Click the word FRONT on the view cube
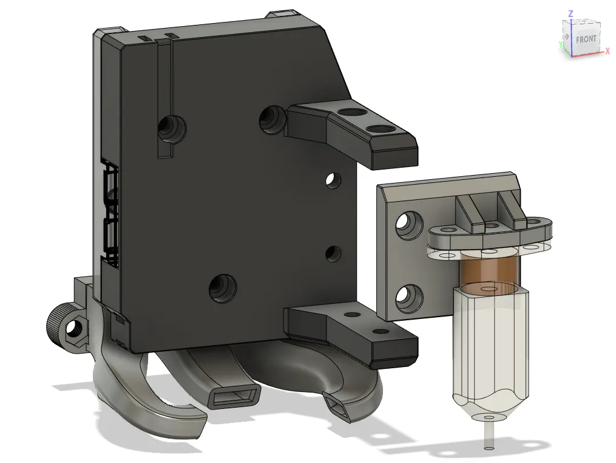coord(586,39)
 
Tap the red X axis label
coord(608,51)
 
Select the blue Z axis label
coord(570,14)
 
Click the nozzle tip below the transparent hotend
coord(489,440)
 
